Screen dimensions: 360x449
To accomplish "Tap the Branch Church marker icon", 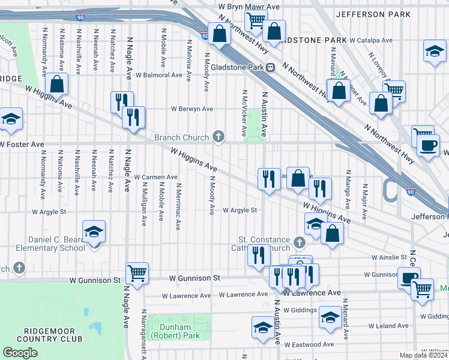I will [x=219, y=137].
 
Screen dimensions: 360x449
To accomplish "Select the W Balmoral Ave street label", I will [x=158, y=76].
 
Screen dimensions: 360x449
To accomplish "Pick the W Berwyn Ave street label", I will [x=192, y=109].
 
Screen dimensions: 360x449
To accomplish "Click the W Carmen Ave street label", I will [x=155, y=177].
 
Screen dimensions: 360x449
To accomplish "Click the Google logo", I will [x=20, y=353].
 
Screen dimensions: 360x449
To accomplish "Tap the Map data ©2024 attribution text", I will [x=423, y=355].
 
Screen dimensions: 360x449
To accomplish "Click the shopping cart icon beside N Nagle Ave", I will [x=137, y=273].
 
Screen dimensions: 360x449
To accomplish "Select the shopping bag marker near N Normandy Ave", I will [x=56, y=84].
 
